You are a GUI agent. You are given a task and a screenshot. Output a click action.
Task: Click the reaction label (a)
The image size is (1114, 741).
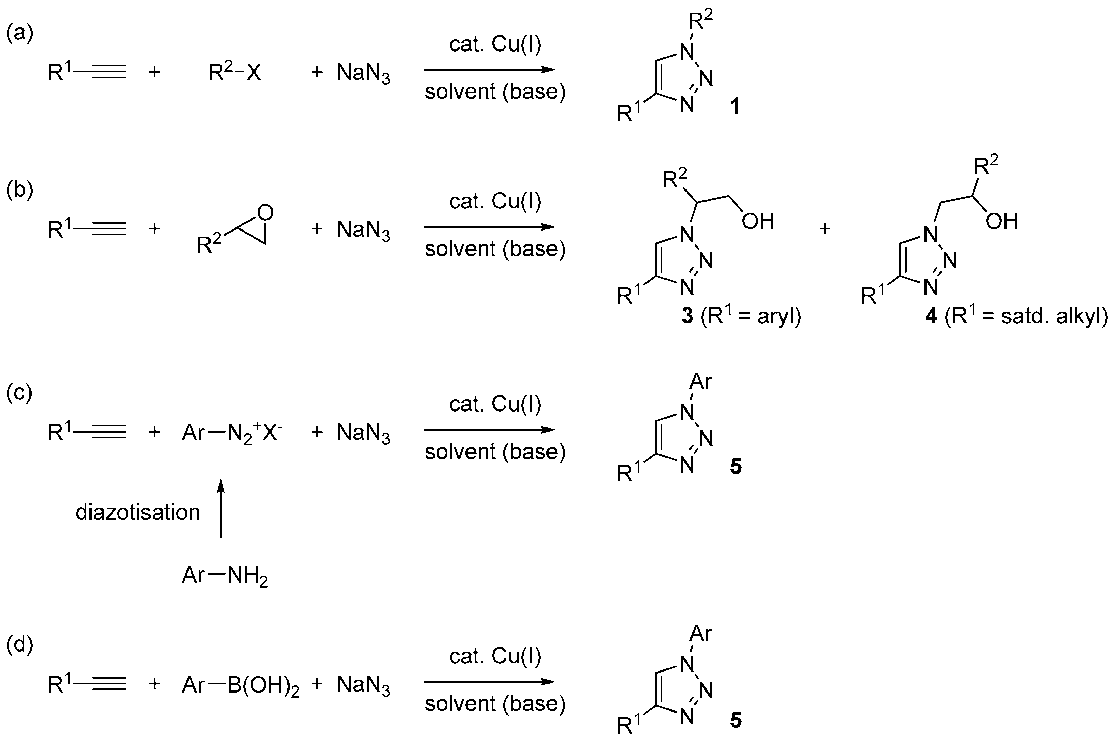(19, 34)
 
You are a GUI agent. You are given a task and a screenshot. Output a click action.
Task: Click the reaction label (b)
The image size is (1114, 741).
(19, 191)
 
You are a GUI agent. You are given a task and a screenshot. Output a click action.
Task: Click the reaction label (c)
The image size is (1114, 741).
(19, 393)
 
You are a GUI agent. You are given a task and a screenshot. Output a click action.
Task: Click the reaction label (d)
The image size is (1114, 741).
(19, 645)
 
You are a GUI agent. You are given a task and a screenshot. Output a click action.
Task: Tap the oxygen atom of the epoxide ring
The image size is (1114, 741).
(266, 213)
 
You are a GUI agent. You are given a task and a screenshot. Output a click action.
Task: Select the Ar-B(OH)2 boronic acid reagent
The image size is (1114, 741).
(240, 685)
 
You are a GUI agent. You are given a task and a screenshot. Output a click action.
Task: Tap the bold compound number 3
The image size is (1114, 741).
(687, 316)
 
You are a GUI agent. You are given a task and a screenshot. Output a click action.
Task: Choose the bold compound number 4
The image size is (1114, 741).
(931, 316)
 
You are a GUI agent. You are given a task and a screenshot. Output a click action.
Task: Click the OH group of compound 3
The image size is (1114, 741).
(758, 221)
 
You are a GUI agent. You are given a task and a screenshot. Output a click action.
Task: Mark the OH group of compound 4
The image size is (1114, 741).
(1001, 221)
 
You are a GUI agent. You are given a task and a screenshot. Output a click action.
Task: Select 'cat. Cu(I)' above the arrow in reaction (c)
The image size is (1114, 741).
(495, 404)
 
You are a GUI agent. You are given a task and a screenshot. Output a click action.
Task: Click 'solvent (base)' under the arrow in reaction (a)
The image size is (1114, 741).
(495, 92)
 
